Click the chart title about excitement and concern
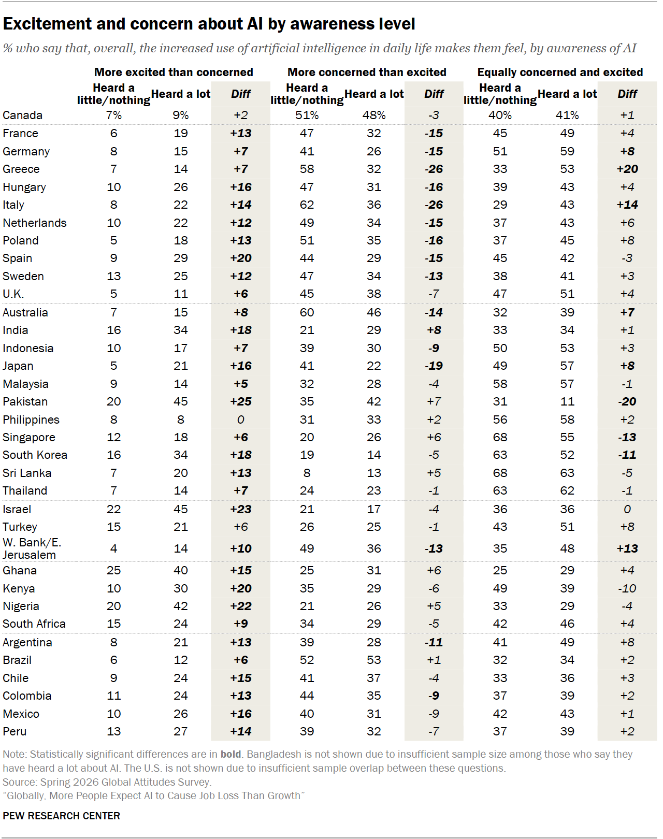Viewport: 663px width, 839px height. [209, 24]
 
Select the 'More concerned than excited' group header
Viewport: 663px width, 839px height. [367, 72]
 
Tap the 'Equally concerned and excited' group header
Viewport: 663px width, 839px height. [560, 72]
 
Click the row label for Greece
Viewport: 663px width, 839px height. [21, 169]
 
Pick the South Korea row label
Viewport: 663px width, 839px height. [35, 455]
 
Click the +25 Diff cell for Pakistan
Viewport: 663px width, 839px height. [241, 401]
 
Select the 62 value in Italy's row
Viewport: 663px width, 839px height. [307, 205]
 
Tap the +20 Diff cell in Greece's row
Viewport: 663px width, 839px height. [627, 169]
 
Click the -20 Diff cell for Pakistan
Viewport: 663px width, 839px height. [627, 401]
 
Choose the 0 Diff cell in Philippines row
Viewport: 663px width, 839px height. [241, 419]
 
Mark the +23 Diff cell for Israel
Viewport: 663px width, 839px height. [241, 509]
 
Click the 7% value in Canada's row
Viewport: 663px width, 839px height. [114, 115]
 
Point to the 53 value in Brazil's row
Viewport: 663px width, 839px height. [373, 660]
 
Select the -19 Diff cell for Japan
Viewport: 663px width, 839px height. [434, 366]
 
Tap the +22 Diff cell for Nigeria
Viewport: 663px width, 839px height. [241, 606]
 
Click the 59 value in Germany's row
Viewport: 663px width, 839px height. [567, 151]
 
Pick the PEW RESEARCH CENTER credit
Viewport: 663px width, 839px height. [61, 816]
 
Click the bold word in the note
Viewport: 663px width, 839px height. [230, 755]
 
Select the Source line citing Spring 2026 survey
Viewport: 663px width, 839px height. [107, 783]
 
